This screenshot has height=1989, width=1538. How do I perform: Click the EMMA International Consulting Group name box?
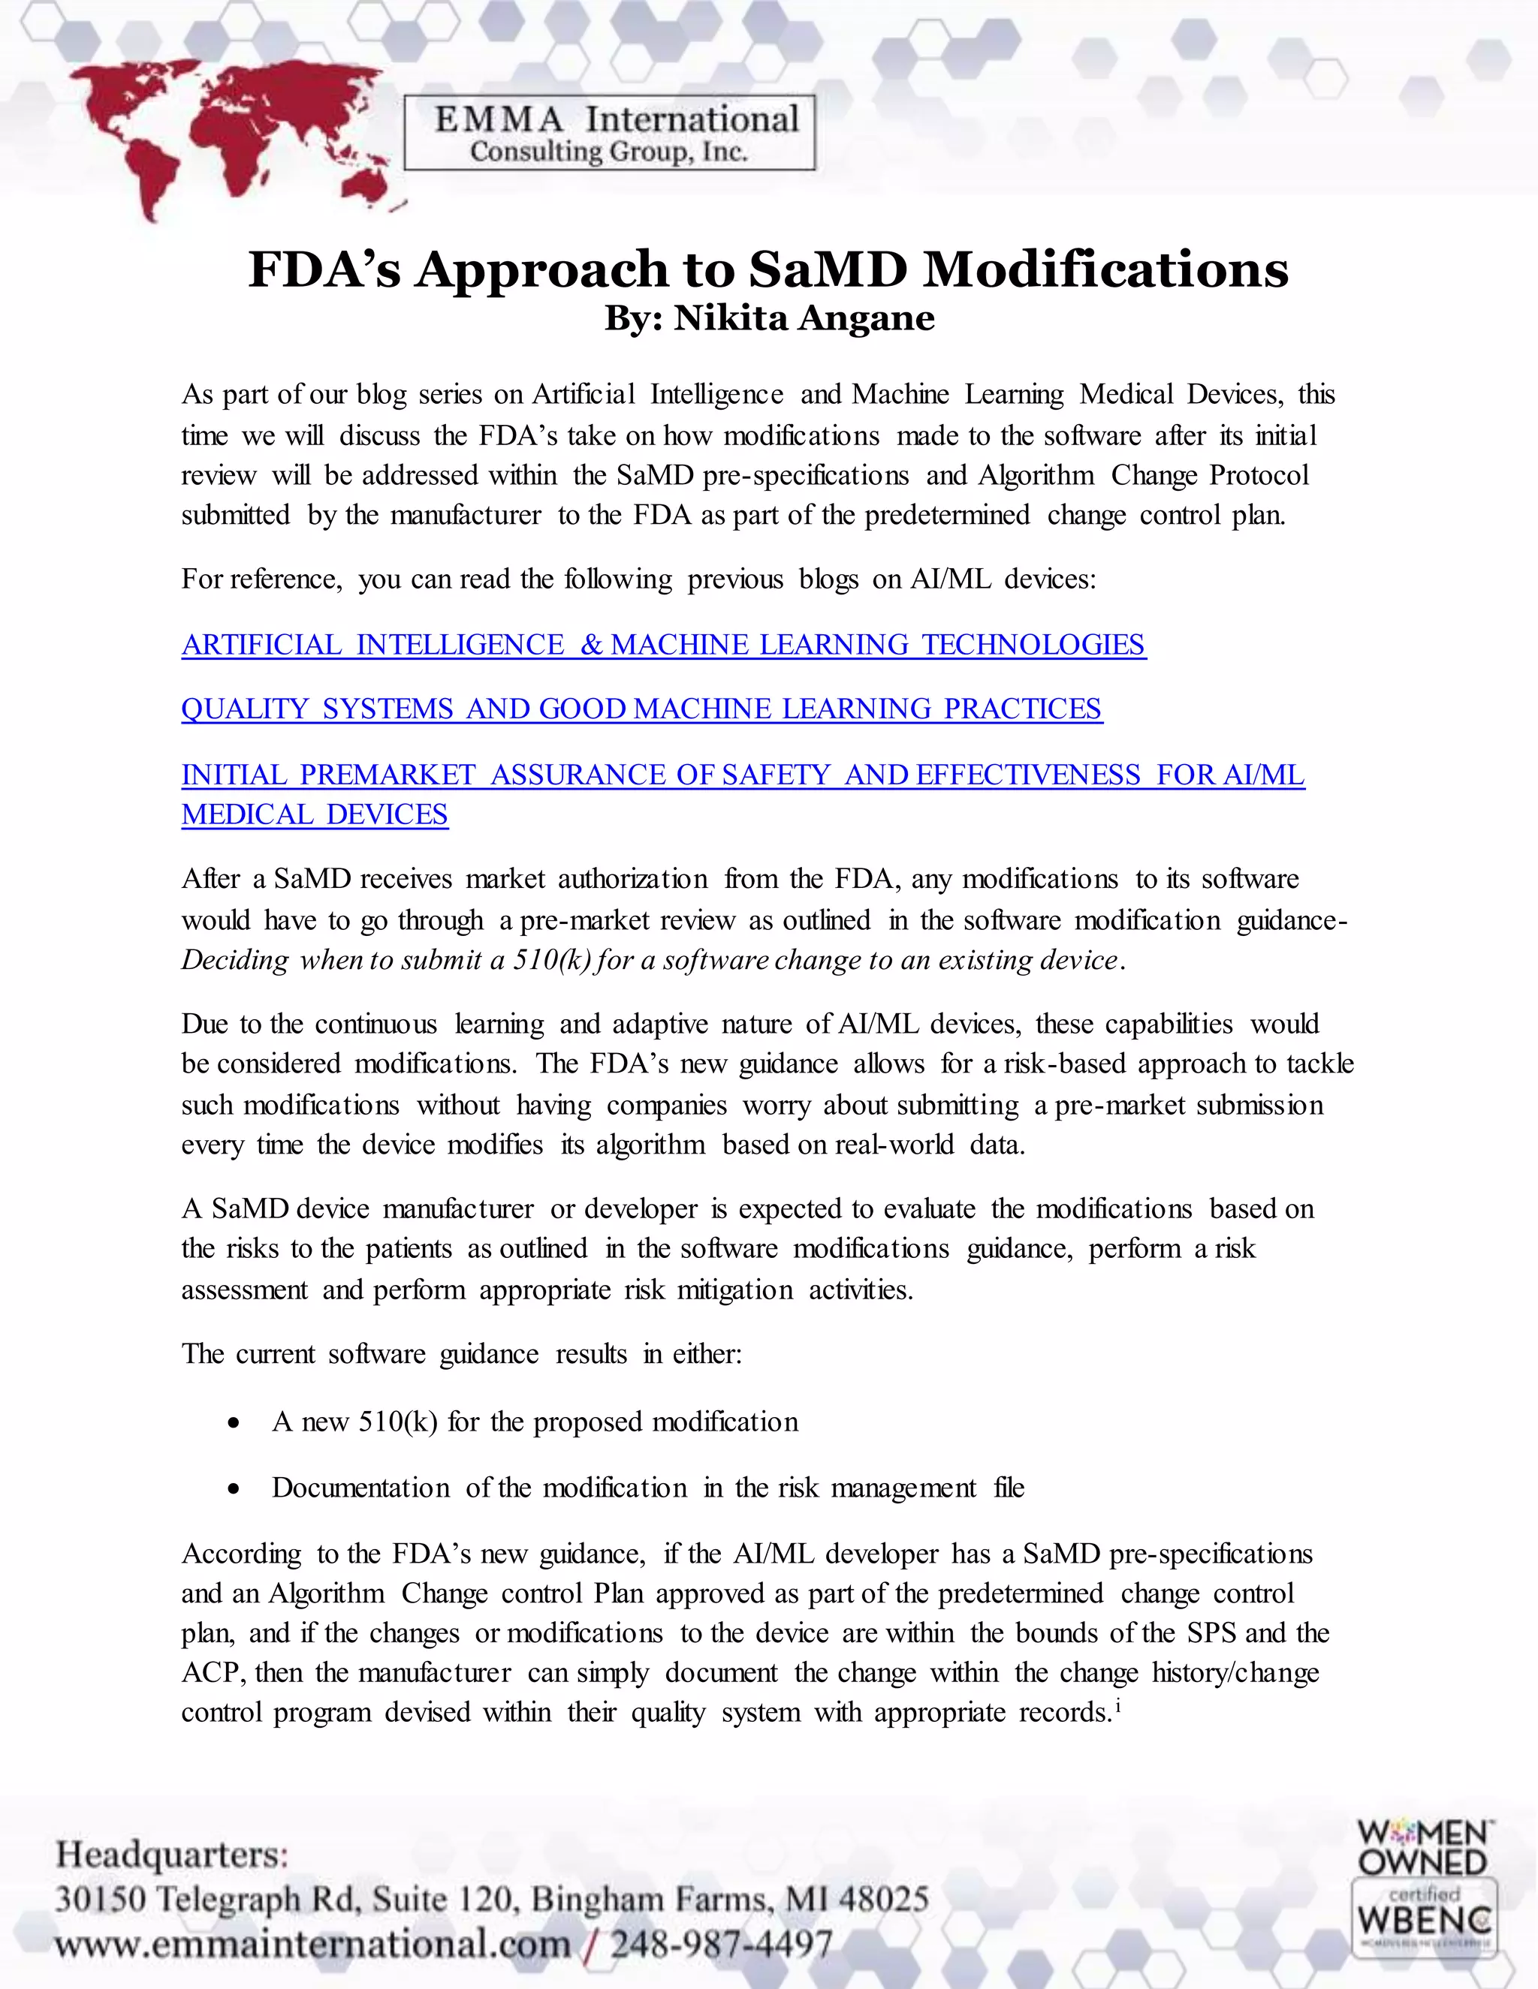point(610,134)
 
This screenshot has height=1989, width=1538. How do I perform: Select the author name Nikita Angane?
point(804,319)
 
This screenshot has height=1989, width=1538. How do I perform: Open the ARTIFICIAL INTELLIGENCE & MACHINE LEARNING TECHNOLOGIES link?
point(663,645)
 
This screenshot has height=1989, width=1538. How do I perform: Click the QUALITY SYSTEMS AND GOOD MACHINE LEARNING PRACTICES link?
point(641,709)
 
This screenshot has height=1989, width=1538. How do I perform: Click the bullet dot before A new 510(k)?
point(235,1423)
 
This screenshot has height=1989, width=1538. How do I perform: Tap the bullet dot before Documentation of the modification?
point(235,1489)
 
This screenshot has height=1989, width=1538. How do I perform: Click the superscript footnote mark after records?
point(1117,1705)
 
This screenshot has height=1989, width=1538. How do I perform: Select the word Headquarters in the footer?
point(170,1853)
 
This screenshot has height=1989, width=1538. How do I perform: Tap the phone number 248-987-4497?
point(722,1945)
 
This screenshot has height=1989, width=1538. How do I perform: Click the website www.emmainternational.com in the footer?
point(312,1945)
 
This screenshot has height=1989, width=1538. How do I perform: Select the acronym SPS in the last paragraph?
point(1212,1633)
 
